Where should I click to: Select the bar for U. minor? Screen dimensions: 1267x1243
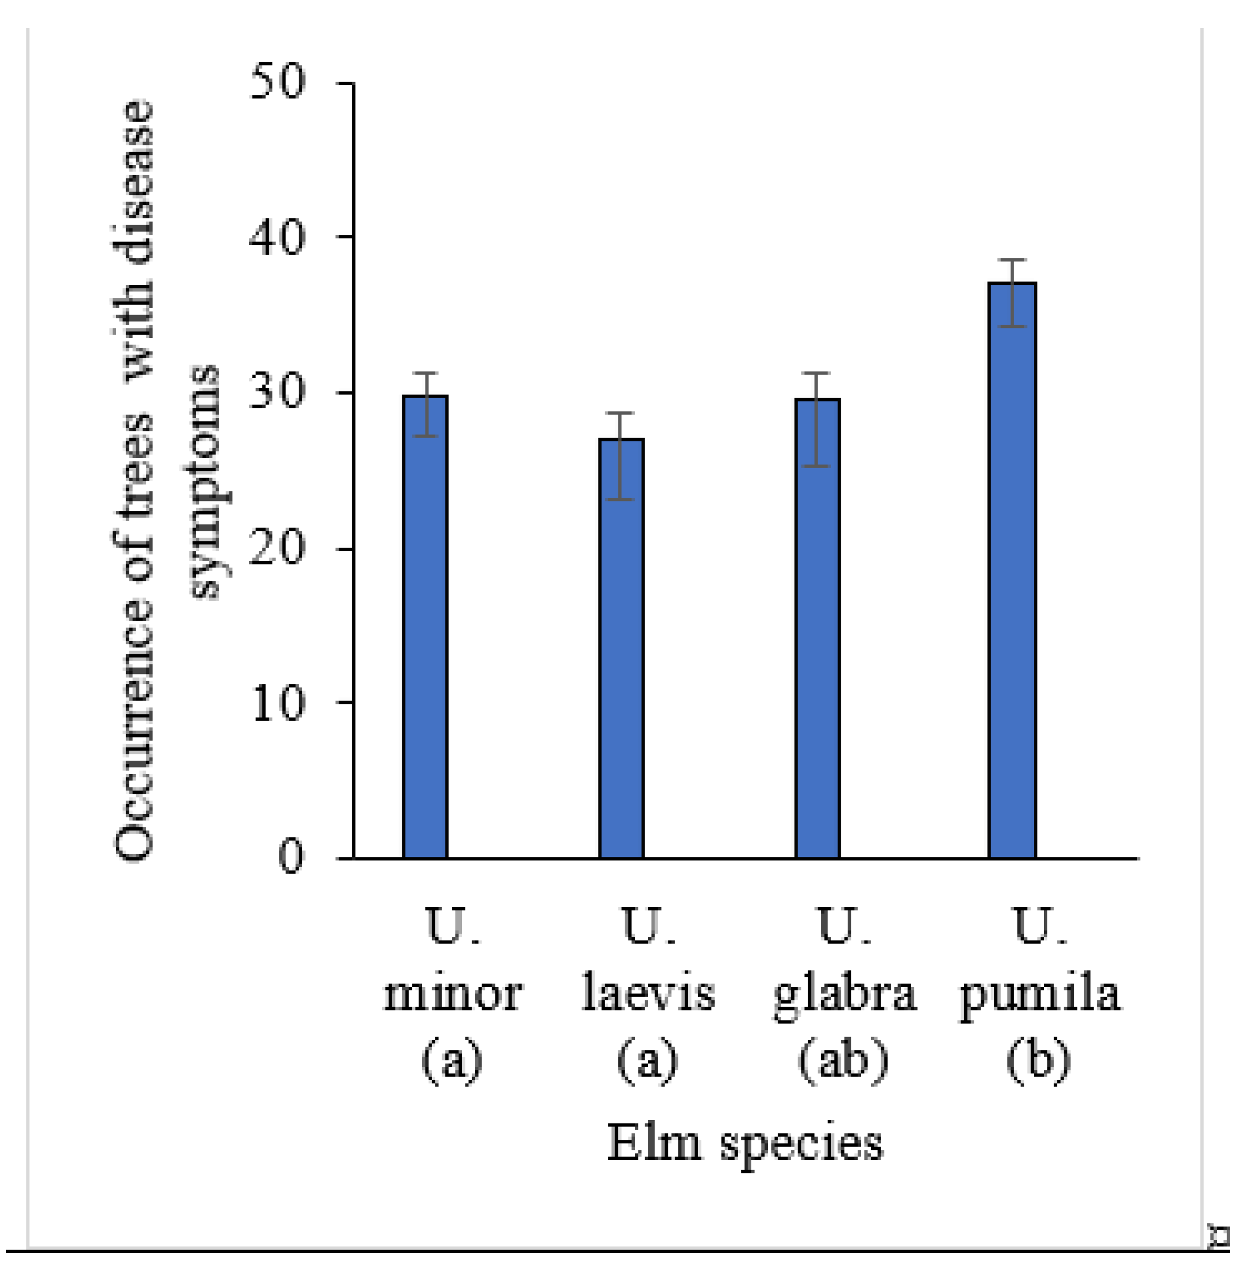pyautogui.click(x=425, y=627)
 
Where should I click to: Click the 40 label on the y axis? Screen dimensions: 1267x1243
pyautogui.click(x=277, y=236)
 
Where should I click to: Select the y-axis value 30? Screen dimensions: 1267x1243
pyautogui.click(x=277, y=392)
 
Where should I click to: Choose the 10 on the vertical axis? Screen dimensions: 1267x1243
pyautogui.click(x=277, y=703)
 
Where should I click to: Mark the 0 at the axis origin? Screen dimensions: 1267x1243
pyautogui.click(x=291, y=857)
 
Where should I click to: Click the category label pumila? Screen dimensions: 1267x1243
pyautogui.click(x=1039, y=997)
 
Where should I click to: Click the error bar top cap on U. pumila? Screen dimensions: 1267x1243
pyautogui.click(x=1012, y=260)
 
